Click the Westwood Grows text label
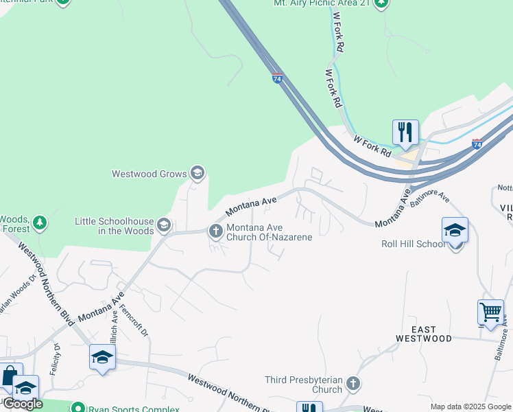coord(149,174)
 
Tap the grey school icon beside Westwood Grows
coord(198,172)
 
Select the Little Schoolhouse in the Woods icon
coord(163,225)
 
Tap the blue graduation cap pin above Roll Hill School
coord(455,230)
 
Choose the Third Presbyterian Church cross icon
coord(353,383)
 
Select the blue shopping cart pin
coord(490,312)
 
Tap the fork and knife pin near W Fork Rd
coord(405,132)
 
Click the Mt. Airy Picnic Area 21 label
coord(322,3)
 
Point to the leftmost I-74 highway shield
coord(277,78)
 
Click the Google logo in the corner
coord(23,404)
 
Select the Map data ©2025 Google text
coord(470,407)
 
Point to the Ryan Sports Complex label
coord(134,409)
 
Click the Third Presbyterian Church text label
coord(303,385)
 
